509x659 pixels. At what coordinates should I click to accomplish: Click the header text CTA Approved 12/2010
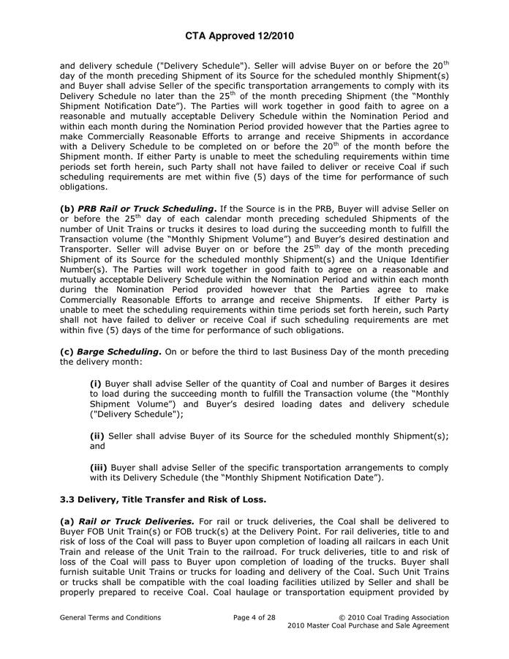(x=254, y=35)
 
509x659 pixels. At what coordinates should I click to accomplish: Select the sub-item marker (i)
(x=96, y=383)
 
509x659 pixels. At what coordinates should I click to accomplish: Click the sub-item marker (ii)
(x=97, y=436)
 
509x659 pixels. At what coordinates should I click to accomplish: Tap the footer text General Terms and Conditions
(x=110, y=617)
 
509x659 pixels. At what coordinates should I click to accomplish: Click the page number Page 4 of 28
(x=254, y=617)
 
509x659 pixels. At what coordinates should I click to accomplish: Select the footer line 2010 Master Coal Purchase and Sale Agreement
(x=368, y=627)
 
